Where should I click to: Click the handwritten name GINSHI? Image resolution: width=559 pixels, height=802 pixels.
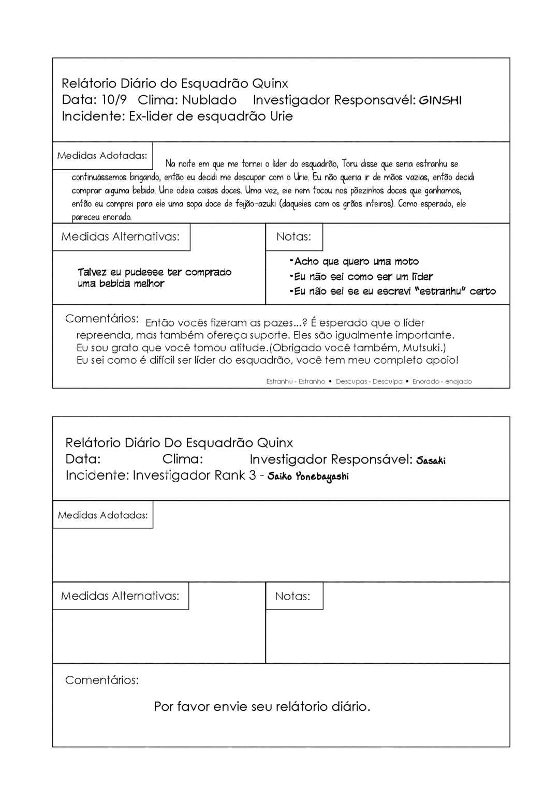tap(440, 100)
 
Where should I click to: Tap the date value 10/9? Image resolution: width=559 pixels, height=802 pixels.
tap(114, 100)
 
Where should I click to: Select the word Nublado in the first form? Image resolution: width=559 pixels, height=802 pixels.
tap(209, 100)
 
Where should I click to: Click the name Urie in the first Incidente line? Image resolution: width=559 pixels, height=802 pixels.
tap(281, 116)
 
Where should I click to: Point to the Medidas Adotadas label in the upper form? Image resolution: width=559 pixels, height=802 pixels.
tap(102, 155)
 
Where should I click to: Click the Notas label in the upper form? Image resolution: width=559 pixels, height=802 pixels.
tap(293, 236)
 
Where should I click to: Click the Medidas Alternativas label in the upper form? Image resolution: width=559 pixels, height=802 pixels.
tap(120, 236)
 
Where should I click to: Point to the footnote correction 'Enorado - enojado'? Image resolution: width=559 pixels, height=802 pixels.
tap(442, 381)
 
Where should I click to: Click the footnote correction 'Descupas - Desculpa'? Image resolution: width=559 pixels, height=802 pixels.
tap(369, 381)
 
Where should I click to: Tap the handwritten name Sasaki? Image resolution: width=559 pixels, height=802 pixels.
tap(431, 460)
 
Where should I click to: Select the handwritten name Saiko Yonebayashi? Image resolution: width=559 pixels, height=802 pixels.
tap(308, 476)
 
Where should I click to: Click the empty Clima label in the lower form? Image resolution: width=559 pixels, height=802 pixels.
tap(182, 459)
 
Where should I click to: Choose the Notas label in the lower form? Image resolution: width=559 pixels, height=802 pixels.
tap(292, 596)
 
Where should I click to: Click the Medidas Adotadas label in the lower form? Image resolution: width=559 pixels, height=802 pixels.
tap(102, 515)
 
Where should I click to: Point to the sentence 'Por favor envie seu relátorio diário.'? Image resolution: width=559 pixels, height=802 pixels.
tap(262, 706)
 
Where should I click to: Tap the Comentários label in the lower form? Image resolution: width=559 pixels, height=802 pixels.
tap(102, 680)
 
